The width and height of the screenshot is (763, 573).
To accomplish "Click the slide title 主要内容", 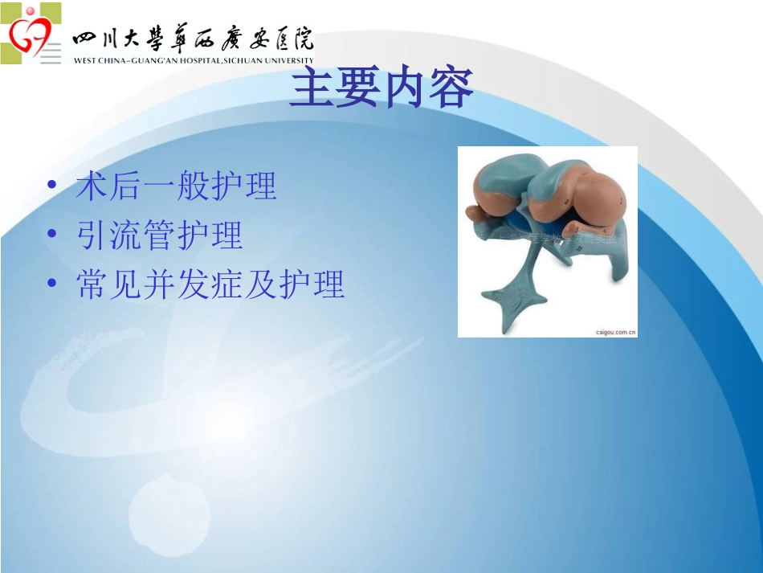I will click(x=381, y=89).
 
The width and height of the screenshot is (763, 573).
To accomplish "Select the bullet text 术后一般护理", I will click(x=176, y=186).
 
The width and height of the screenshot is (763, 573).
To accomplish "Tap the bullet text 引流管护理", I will click(x=159, y=235).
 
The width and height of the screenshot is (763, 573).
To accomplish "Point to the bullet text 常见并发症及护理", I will click(x=210, y=284).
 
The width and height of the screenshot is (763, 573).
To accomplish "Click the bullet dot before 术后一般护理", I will click(x=52, y=186).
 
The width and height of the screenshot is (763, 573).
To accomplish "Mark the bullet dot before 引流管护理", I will click(x=52, y=235).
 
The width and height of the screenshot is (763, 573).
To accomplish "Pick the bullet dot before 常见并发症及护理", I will click(x=52, y=284).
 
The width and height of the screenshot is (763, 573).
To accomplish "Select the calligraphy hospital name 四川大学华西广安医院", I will click(x=193, y=39).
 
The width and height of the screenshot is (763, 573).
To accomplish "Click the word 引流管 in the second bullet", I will click(x=125, y=235).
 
